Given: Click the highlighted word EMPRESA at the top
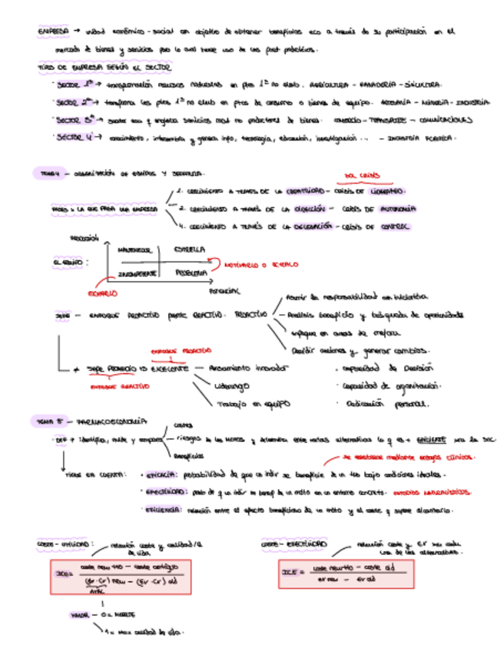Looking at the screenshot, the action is (52, 32).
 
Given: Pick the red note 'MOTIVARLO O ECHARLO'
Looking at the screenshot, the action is (262, 265).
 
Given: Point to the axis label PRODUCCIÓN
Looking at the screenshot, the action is (85, 238).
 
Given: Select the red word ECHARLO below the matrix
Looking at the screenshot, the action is (101, 292).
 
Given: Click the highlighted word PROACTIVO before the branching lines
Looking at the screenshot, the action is (250, 314).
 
